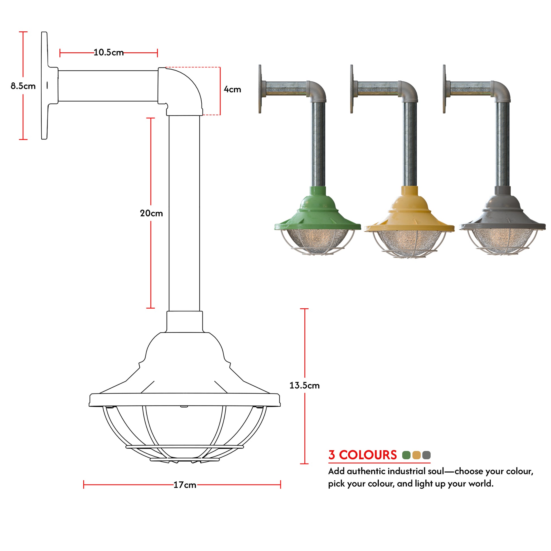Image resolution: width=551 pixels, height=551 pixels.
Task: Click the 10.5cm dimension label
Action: coord(108,52)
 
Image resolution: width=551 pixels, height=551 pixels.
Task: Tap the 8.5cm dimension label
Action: coord(23,86)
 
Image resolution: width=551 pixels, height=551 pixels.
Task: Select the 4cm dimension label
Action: coord(232,89)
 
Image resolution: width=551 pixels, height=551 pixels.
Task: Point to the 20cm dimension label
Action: coord(151,213)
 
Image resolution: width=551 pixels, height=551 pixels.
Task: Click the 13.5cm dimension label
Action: coord(304,386)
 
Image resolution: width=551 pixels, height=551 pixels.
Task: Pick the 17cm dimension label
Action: coord(185,485)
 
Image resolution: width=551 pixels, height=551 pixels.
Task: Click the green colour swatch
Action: coord(406,455)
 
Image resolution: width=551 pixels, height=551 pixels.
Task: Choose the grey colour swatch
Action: coord(426,455)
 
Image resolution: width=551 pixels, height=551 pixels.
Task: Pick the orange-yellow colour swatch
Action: coord(417,455)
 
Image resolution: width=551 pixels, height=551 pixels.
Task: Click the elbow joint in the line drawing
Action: coord(183,88)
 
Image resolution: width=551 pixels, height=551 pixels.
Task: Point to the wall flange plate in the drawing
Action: coord(44,86)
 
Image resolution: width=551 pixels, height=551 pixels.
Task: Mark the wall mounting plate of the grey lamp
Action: coord(444,89)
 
